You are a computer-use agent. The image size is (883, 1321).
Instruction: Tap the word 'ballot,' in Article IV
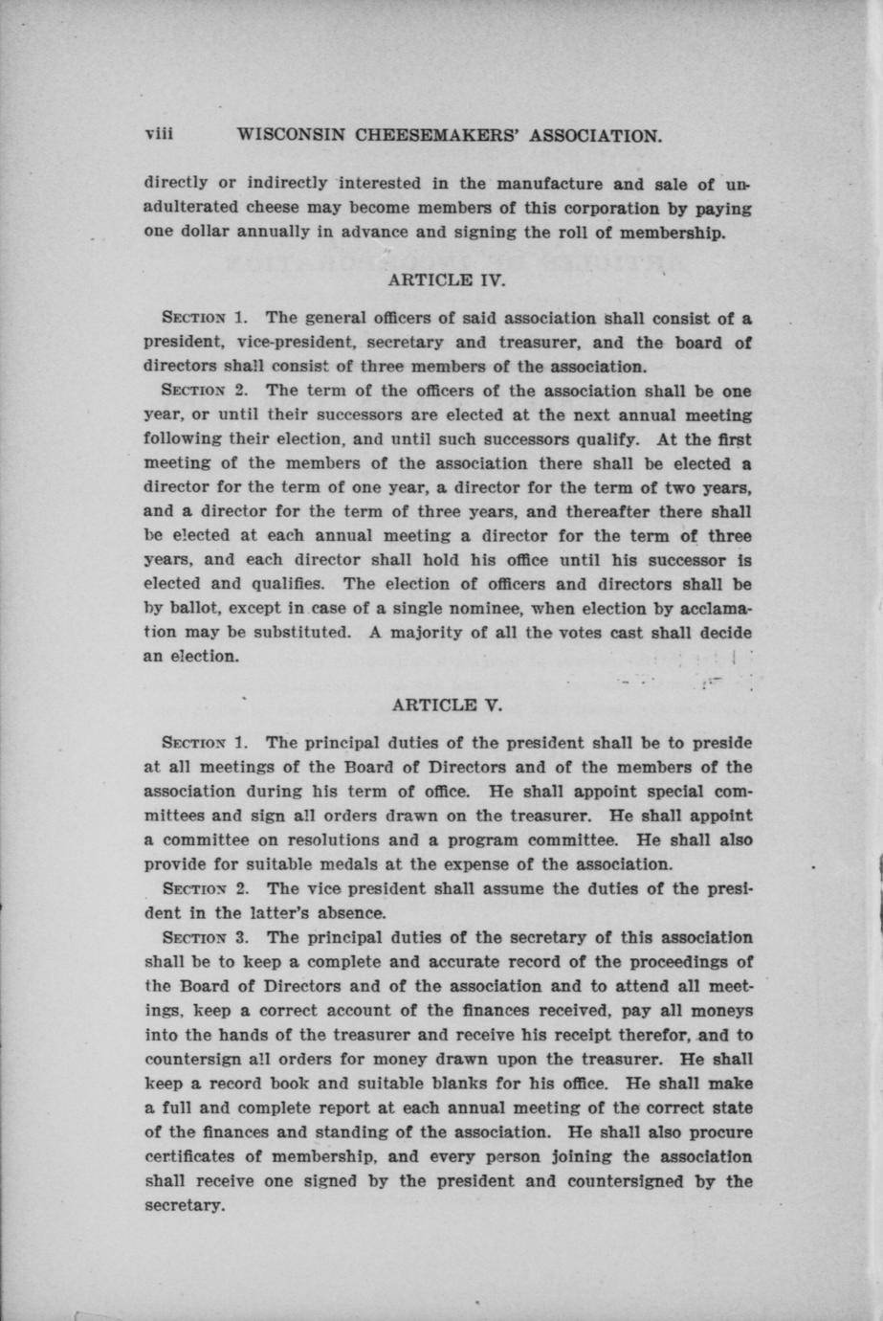[x=195, y=609]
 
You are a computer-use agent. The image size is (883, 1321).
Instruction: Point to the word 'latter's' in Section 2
[x=272, y=912]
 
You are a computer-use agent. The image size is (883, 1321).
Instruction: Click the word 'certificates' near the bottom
[x=189, y=1157]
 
